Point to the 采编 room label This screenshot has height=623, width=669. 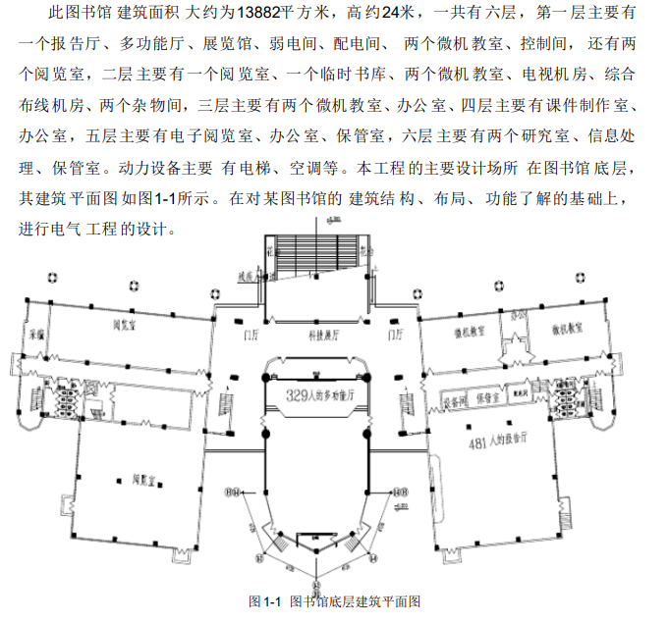click(x=37, y=333)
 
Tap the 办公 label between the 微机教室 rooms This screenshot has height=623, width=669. click(x=517, y=316)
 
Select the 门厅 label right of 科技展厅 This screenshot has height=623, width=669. click(x=397, y=335)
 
